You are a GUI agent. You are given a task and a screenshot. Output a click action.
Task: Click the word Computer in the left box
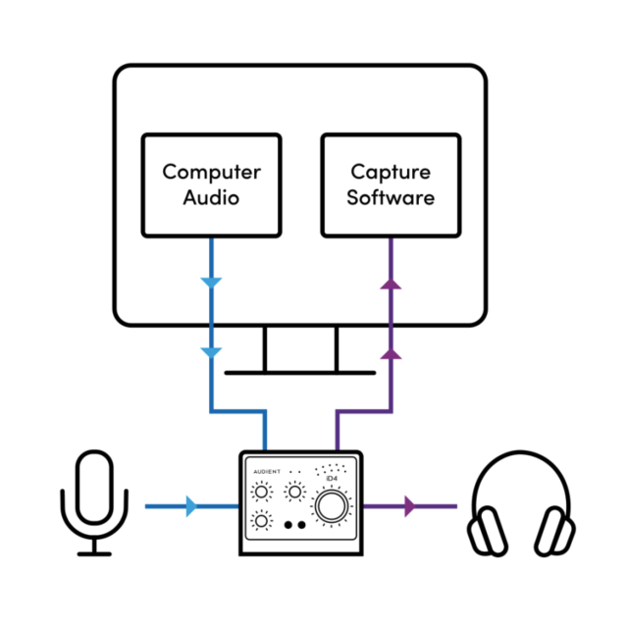(211, 172)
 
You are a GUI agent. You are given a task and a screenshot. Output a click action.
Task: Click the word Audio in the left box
(211, 197)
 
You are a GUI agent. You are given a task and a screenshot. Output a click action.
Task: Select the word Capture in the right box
(391, 172)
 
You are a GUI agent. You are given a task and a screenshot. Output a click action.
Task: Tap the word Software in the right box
(391, 197)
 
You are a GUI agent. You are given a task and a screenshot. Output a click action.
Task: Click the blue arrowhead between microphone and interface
(190, 507)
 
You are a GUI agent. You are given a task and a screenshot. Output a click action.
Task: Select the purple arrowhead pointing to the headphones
(409, 507)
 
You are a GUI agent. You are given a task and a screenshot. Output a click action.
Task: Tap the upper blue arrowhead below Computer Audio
(211, 284)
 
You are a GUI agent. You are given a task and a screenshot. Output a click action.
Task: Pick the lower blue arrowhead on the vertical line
(211, 351)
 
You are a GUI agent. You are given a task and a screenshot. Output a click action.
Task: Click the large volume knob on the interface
(331, 506)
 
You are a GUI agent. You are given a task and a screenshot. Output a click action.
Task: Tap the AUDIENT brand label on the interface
(267, 472)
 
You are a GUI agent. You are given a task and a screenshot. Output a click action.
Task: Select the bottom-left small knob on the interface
(262, 521)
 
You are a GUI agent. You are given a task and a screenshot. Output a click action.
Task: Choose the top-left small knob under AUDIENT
(262, 492)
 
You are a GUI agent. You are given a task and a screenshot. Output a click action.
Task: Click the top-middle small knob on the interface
(293, 492)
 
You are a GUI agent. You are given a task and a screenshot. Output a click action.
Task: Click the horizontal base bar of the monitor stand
(300, 372)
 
